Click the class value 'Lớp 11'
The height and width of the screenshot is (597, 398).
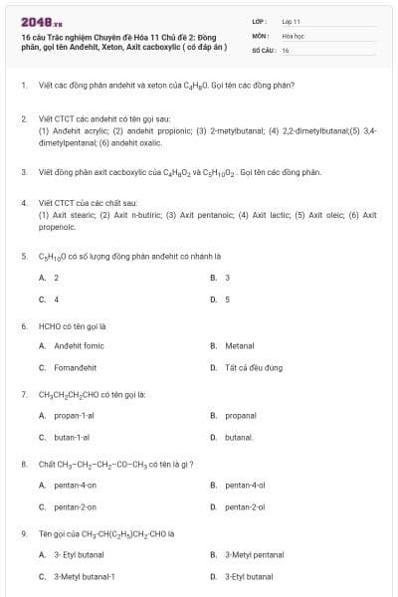291,20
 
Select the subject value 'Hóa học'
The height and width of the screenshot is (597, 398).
292,35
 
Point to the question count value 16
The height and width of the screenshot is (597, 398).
286,49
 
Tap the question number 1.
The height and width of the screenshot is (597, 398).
23,85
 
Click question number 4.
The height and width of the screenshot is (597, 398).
23,202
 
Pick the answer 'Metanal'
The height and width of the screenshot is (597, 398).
240,346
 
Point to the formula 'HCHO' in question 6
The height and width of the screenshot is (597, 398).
49,325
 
